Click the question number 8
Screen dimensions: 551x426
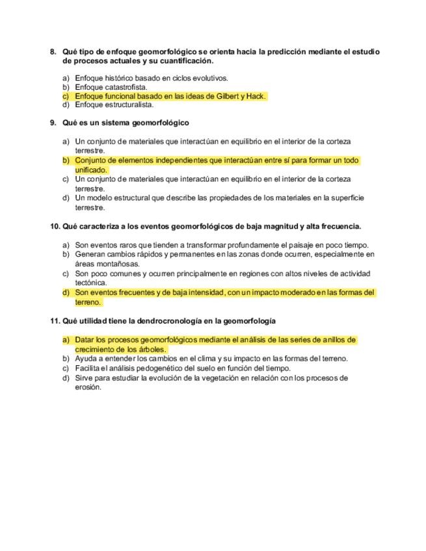[53, 51]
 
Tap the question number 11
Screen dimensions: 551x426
[55, 321]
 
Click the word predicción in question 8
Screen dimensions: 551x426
[295, 51]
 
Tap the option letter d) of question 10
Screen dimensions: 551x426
[66, 293]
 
